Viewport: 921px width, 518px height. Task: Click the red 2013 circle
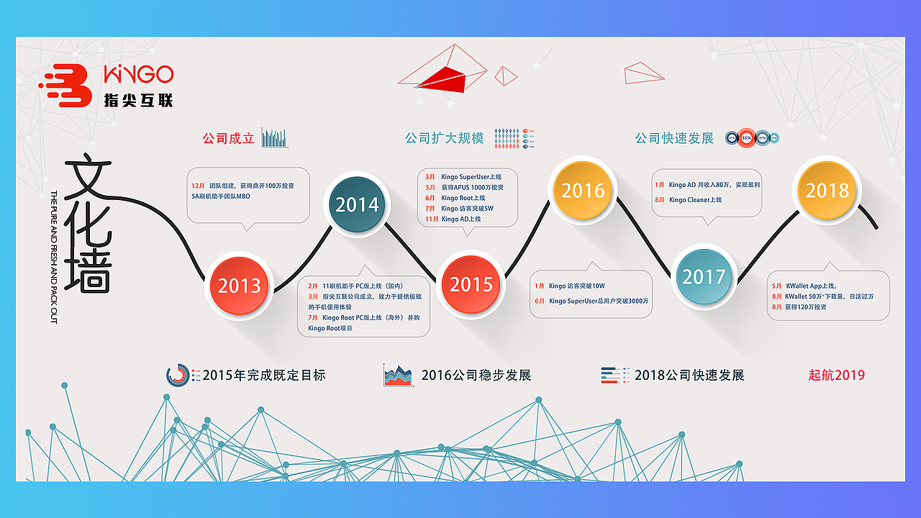pyautogui.click(x=239, y=285)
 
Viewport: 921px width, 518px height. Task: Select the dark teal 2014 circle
pyautogui.click(x=357, y=204)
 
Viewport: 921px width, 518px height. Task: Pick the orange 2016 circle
pyautogui.click(x=583, y=190)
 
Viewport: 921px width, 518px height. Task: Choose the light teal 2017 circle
pyautogui.click(x=704, y=276)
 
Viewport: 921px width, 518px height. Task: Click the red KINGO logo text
pyautogui.click(x=139, y=74)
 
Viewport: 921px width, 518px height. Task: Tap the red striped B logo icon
pyautogui.click(x=68, y=86)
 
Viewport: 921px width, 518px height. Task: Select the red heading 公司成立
pyautogui.click(x=229, y=138)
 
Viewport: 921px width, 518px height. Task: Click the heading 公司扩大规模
pyautogui.click(x=444, y=138)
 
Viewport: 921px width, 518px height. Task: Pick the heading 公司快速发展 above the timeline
pyautogui.click(x=674, y=138)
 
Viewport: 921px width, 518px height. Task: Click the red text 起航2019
pyautogui.click(x=836, y=375)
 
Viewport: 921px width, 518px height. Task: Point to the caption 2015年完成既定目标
pyautogui.click(x=264, y=375)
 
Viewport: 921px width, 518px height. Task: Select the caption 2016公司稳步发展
pyautogui.click(x=476, y=375)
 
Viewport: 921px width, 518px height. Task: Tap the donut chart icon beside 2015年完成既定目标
pyautogui.click(x=178, y=375)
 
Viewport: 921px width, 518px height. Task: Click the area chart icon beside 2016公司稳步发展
pyautogui.click(x=398, y=375)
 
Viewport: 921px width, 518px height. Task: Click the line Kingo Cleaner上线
pyautogui.click(x=694, y=200)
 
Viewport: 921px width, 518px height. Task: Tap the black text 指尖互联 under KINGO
pyautogui.click(x=139, y=100)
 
